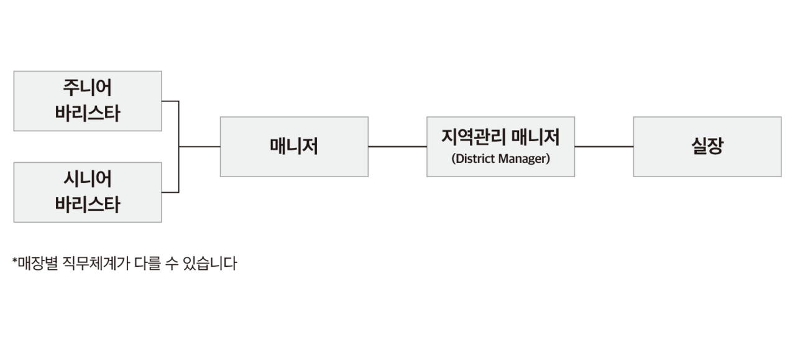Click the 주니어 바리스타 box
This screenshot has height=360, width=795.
[x=88, y=101]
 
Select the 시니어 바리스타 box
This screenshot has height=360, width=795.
[x=88, y=192]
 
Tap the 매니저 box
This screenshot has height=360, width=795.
[x=294, y=146]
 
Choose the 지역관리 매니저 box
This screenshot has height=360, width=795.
[x=500, y=146]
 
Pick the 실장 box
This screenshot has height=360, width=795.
[x=707, y=146]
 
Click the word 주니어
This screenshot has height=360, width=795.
[x=88, y=88]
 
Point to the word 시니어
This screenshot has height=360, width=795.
[x=88, y=180]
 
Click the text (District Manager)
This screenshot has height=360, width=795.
[x=500, y=159]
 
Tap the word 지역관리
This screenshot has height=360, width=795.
[x=471, y=136]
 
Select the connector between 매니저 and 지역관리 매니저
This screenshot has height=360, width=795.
[x=397, y=147]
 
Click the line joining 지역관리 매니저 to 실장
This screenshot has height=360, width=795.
[x=604, y=147]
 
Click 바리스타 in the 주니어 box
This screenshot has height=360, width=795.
[x=88, y=114]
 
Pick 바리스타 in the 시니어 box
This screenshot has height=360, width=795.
[x=88, y=205]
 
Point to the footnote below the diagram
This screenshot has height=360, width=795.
[x=125, y=264]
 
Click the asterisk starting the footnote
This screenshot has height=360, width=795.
[x=14, y=261]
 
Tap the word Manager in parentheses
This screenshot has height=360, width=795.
[x=523, y=159]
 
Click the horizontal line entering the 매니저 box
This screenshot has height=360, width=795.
[x=200, y=147]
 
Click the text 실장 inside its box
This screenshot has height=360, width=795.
[x=707, y=146]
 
